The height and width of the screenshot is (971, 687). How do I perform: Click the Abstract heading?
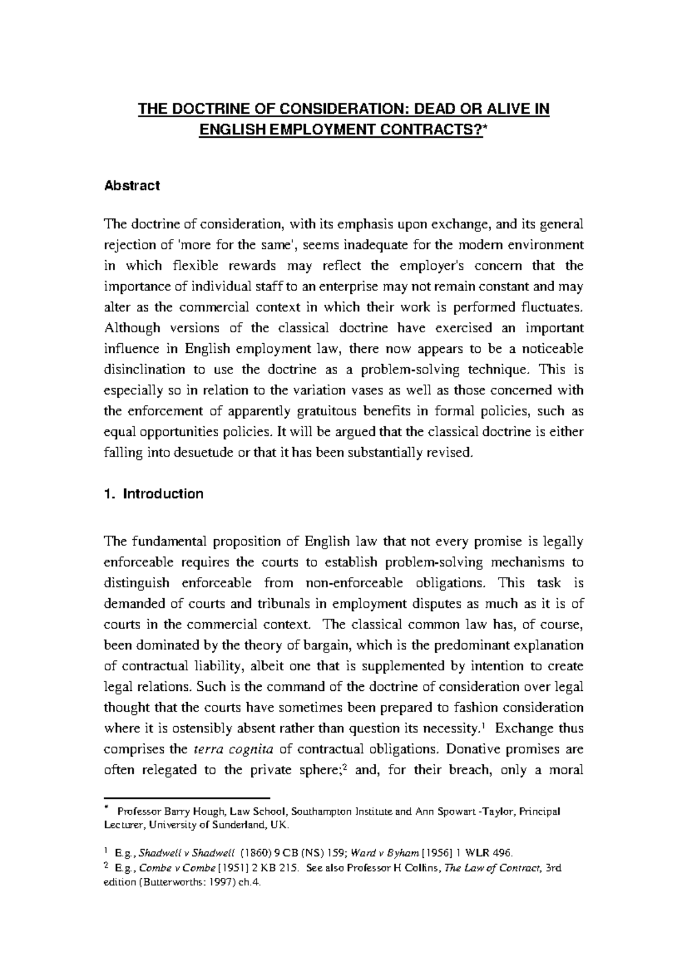132,186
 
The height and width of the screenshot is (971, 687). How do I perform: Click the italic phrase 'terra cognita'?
233,749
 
